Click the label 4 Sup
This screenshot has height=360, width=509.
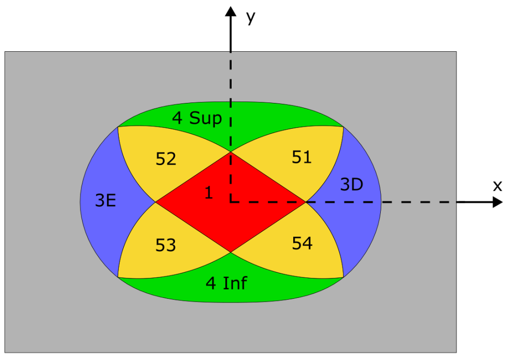(196, 118)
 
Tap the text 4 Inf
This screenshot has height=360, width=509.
(226, 283)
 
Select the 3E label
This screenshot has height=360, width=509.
(105, 201)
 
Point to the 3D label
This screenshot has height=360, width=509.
(351, 185)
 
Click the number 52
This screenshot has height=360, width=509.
(166, 159)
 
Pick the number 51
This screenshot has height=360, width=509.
(302, 157)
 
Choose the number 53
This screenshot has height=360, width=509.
(166, 245)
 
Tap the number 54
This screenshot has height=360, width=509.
(302, 244)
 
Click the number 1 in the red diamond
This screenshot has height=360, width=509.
(209, 193)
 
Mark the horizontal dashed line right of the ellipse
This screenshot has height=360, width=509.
(418, 202)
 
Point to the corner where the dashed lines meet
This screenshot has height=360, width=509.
(231, 202)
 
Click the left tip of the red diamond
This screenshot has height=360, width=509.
(156, 202)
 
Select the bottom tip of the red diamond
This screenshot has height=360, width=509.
(231, 252)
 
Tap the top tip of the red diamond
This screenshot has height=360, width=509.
(231, 152)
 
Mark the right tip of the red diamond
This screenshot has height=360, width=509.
(305, 202)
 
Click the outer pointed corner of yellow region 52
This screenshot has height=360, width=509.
(118, 127)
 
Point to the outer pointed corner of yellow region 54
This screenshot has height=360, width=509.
(343, 277)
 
